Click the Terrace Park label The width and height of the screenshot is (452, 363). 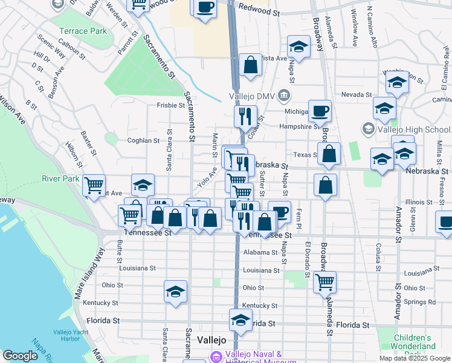(x=83, y=31)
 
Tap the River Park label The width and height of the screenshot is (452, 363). (x=60, y=178)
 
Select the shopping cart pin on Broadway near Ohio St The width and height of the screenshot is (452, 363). (x=325, y=281)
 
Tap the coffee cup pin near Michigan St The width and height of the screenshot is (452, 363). (x=320, y=111)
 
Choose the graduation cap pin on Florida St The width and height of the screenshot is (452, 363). (x=241, y=319)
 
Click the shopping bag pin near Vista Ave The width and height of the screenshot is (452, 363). (x=250, y=64)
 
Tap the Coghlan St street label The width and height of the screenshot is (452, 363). (x=143, y=140)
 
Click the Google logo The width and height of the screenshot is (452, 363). (x=20, y=356)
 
